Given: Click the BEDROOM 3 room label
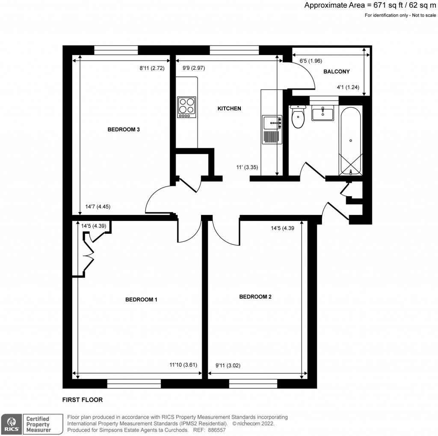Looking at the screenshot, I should [x=124, y=130].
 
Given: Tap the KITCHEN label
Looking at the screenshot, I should [x=230, y=109].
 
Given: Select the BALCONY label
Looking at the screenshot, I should [x=336, y=72].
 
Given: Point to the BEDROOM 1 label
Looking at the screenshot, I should [x=141, y=300].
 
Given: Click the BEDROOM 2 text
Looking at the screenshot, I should [x=255, y=297].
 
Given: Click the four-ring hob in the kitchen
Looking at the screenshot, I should [x=187, y=107].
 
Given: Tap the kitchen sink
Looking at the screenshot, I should [x=272, y=123].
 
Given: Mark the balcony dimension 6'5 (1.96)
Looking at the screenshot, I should [x=307, y=61].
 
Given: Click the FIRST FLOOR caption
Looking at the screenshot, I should [x=83, y=400].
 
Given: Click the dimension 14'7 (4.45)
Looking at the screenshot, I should [x=98, y=207].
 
